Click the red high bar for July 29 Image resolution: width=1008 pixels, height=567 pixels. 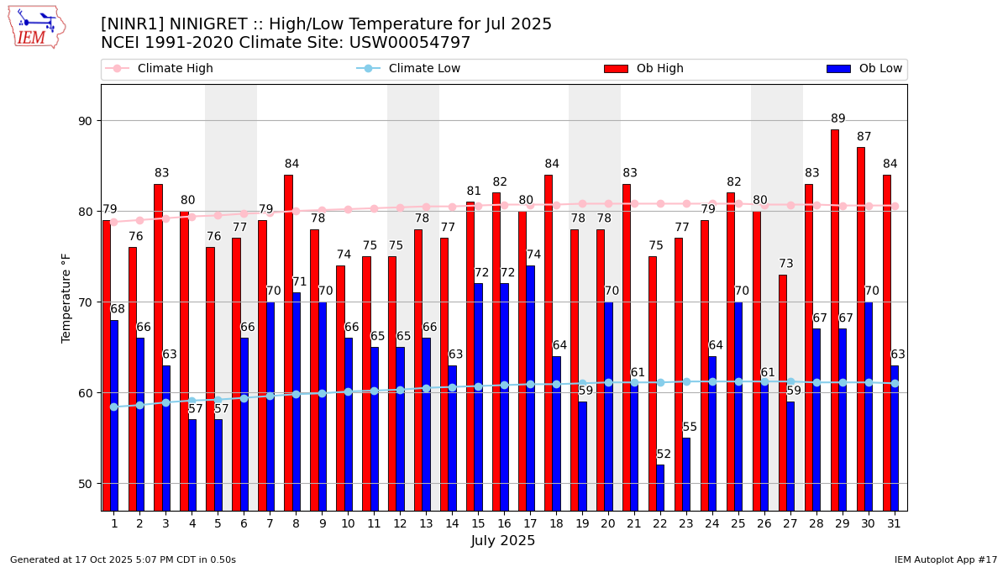[834, 319]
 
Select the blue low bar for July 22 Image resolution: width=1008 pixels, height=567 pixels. [660, 487]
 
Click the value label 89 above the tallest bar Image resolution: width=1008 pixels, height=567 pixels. [838, 119]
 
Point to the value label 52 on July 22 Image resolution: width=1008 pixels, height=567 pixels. [664, 454]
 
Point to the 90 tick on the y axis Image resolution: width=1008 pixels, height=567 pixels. [85, 121]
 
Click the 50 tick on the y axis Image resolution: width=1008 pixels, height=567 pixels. [85, 484]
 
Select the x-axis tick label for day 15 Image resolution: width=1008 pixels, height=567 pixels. [478, 523]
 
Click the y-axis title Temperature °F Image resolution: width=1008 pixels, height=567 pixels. [67, 297]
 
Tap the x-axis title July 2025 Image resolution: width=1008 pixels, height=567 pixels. [503, 541]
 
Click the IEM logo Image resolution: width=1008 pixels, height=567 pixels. [36, 27]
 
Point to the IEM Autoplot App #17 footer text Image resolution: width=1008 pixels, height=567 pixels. [945, 559]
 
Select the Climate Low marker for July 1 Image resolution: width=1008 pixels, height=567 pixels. [114, 407]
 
